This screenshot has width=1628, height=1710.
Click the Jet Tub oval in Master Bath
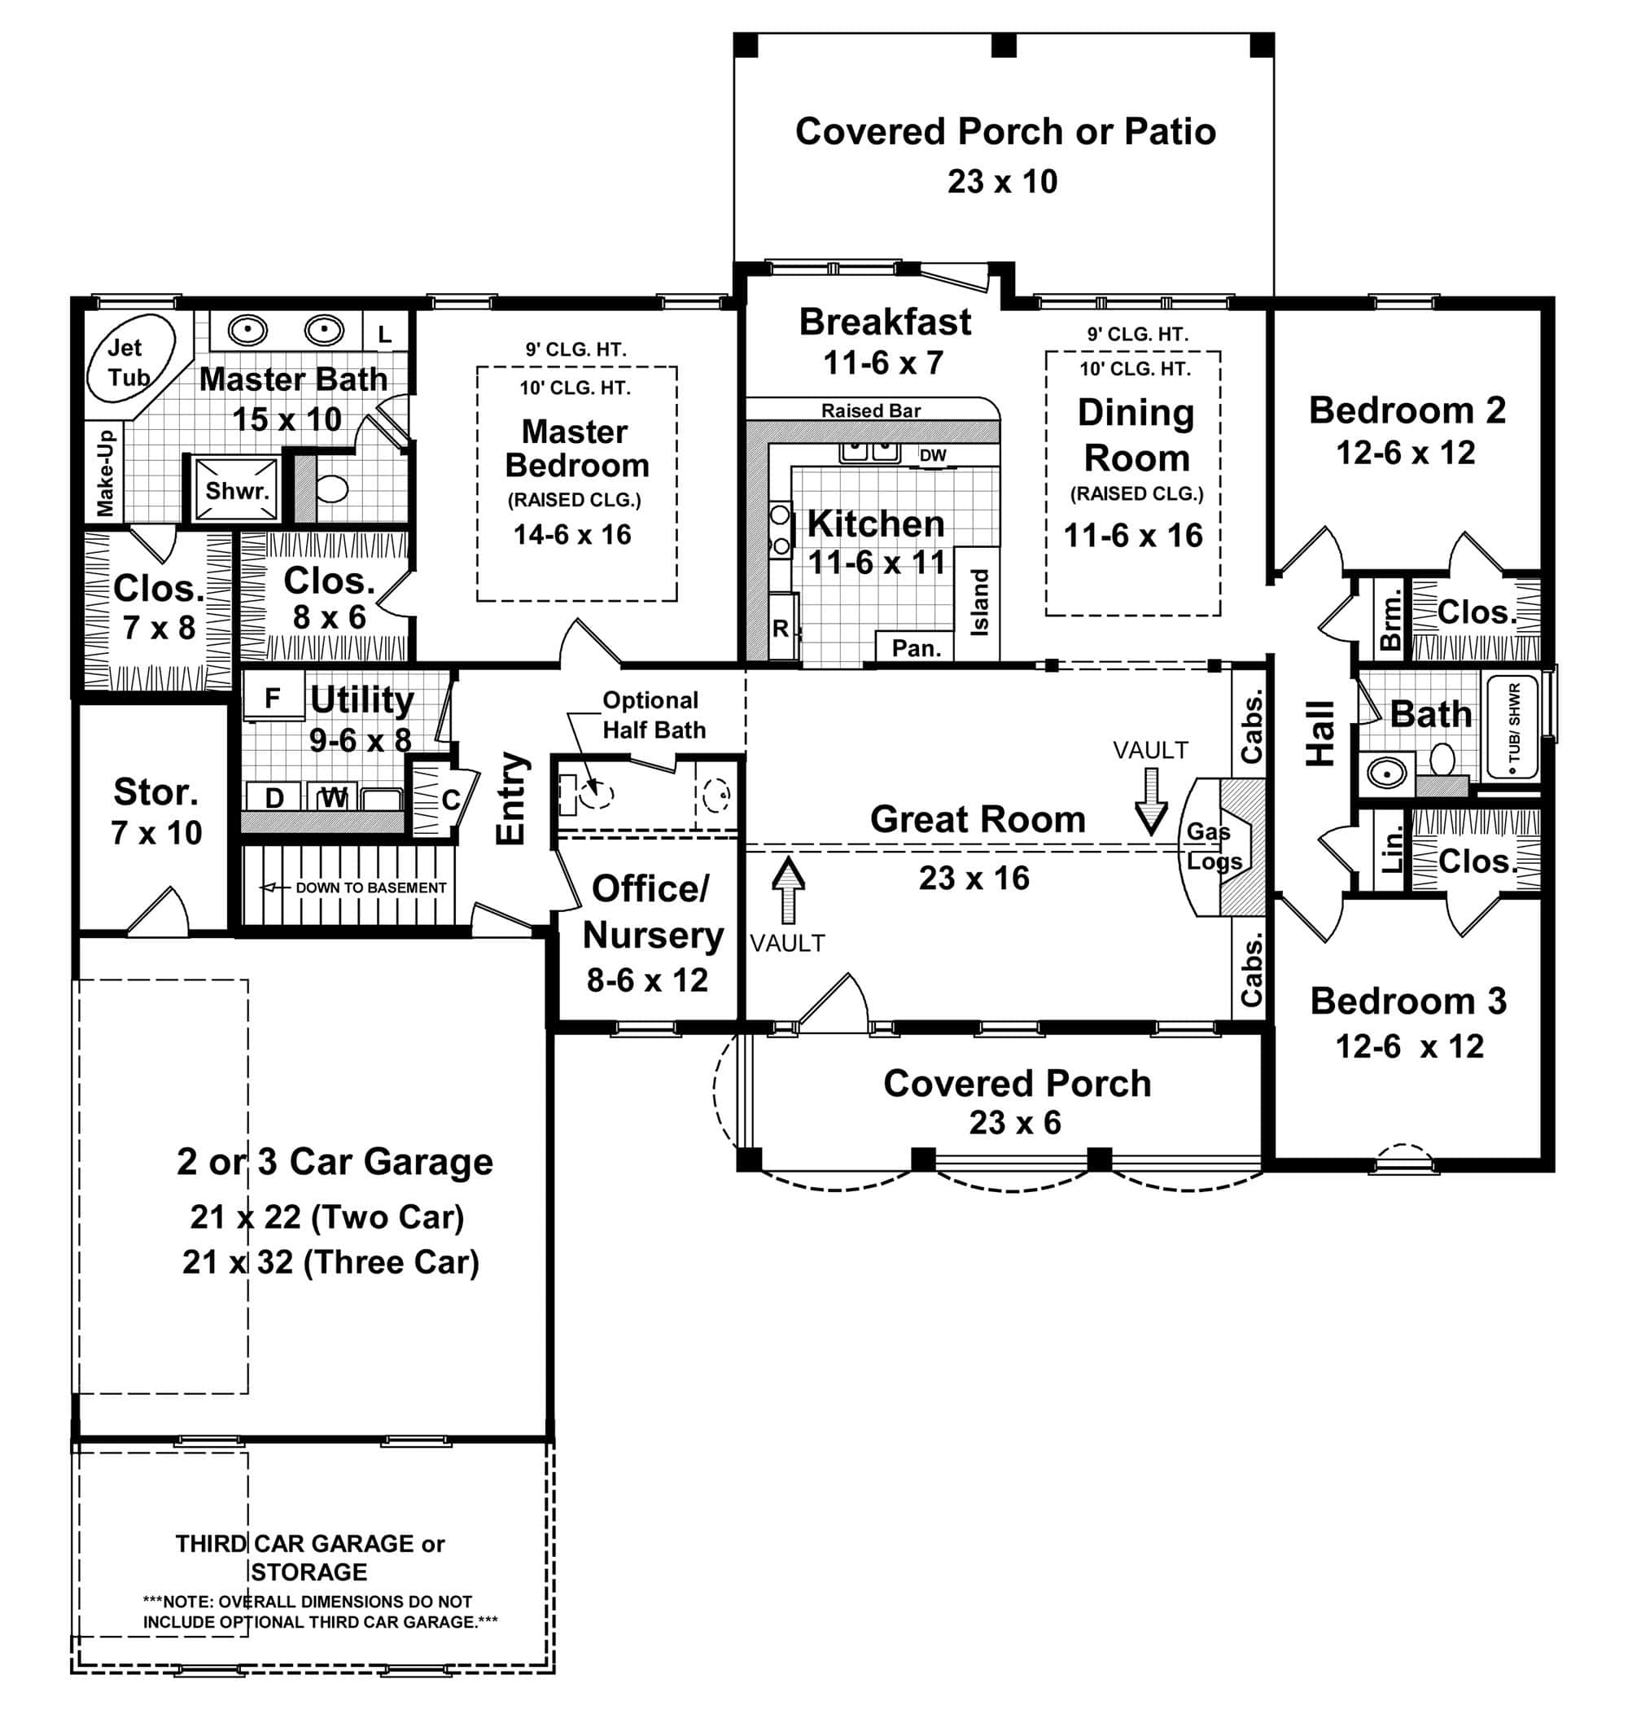130,357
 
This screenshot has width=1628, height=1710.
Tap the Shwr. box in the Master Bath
235,490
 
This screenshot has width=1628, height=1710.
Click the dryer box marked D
274,797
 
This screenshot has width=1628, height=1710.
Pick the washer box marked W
334,797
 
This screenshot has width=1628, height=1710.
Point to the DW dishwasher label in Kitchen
933,456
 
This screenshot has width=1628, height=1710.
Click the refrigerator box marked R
780,629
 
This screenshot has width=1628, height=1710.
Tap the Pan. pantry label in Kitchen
916,647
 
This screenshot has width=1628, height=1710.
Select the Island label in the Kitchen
979,603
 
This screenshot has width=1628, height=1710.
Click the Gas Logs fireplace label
1212,846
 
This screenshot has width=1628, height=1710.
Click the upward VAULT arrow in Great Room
787,890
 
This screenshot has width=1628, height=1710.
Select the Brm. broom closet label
1390,619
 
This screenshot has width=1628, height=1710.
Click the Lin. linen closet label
1390,851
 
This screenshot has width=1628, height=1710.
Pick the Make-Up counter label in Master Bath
105,472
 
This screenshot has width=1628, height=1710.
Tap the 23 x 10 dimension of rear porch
1002,182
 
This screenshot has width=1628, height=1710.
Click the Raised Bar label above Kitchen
870,410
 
